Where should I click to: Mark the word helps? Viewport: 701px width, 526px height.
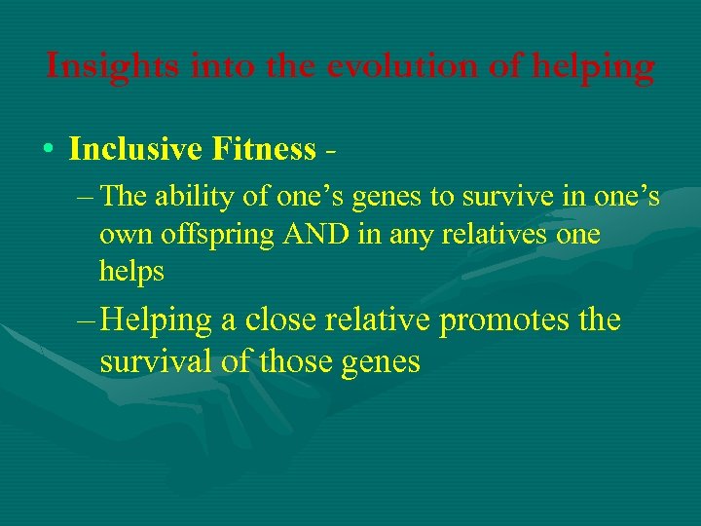pyautogui.click(x=131, y=271)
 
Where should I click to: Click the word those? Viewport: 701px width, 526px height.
pyautogui.click(x=295, y=361)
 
